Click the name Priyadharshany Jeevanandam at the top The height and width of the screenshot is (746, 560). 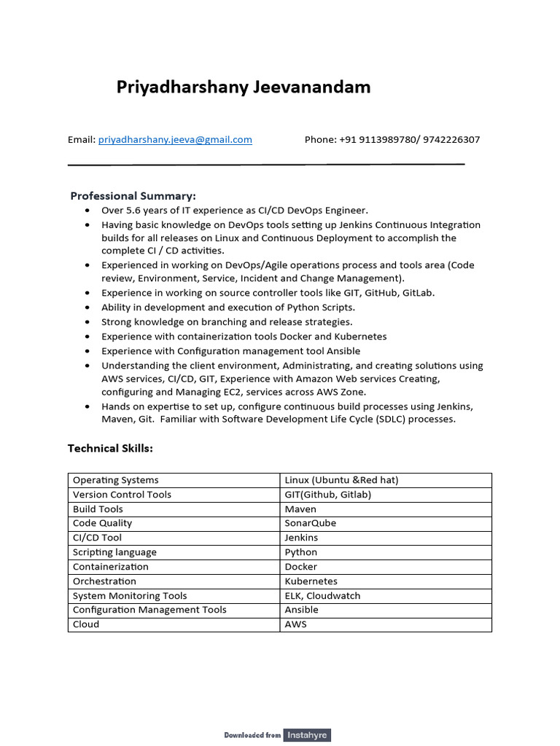244,87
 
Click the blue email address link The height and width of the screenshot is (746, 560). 175,140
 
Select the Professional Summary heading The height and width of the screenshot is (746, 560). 133,196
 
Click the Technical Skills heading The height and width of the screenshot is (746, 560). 110,448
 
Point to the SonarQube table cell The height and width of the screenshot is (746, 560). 310,523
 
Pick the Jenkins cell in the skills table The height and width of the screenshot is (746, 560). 301,538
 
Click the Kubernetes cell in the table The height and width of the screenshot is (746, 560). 311,581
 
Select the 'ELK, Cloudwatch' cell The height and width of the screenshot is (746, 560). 322,595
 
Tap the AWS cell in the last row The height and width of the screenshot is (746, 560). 295,624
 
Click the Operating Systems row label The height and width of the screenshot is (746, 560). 115,480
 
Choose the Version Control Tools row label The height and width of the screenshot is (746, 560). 122,495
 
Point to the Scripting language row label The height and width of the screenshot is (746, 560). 114,552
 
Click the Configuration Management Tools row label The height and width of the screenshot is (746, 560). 149,610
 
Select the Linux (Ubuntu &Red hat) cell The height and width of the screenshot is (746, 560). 341,480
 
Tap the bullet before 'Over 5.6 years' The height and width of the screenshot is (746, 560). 87,211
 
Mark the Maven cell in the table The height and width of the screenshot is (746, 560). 300,509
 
